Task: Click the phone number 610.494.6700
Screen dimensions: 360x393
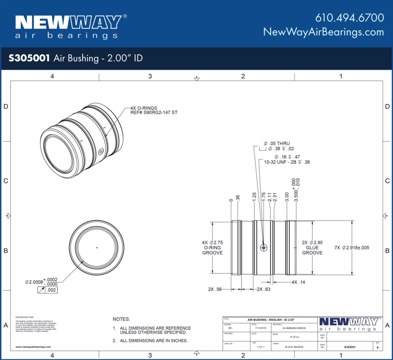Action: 349,18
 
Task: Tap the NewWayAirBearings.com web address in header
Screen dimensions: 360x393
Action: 323,32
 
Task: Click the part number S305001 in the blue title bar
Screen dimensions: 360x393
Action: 29,58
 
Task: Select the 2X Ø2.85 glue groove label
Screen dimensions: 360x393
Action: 312,247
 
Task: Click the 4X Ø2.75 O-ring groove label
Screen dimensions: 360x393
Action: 212,247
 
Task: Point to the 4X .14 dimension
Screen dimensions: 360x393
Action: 297,282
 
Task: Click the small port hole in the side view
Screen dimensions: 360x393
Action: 263,248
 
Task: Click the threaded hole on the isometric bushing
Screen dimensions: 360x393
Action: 101,151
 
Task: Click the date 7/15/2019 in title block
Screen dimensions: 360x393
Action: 260,328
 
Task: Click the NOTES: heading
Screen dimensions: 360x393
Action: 121,319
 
